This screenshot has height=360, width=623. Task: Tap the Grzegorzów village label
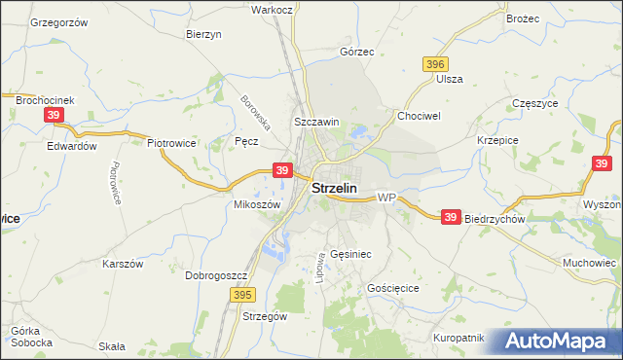click(x=58, y=21)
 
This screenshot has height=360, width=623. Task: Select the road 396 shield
click(x=435, y=63)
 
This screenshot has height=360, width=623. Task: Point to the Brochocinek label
click(x=45, y=98)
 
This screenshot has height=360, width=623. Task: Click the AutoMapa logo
click(x=556, y=342)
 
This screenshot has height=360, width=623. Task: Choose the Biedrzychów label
click(x=495, y=219)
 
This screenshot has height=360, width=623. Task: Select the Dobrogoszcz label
click(x=215, y=275)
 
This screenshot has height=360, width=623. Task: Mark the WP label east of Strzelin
click(x=385, y=198)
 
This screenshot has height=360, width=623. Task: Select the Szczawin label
click(x=316, y=122)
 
